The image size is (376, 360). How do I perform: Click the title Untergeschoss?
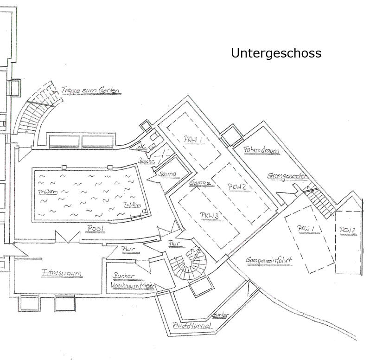(x=276, y=53)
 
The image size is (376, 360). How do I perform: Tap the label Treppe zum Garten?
(x=91, y=90)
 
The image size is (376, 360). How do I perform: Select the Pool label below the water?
(x=96, y=229)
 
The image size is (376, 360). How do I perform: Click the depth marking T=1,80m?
(x=132, y=206)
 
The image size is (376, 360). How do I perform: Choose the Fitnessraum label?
(x=62, y=273)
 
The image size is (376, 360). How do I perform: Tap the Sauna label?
(x=167, y=174)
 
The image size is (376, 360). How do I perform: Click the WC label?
(x=141, y=147)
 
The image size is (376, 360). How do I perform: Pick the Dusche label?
(x=146, y=161)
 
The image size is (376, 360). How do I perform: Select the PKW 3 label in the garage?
(x=209, y=215)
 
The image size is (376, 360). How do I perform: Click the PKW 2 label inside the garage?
(x=236, y=186)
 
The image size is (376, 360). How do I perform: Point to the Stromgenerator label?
(x=287, y=176)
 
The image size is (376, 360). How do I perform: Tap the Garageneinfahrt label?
(x=269, y=260)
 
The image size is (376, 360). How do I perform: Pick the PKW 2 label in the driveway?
(x=348, y=230)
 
